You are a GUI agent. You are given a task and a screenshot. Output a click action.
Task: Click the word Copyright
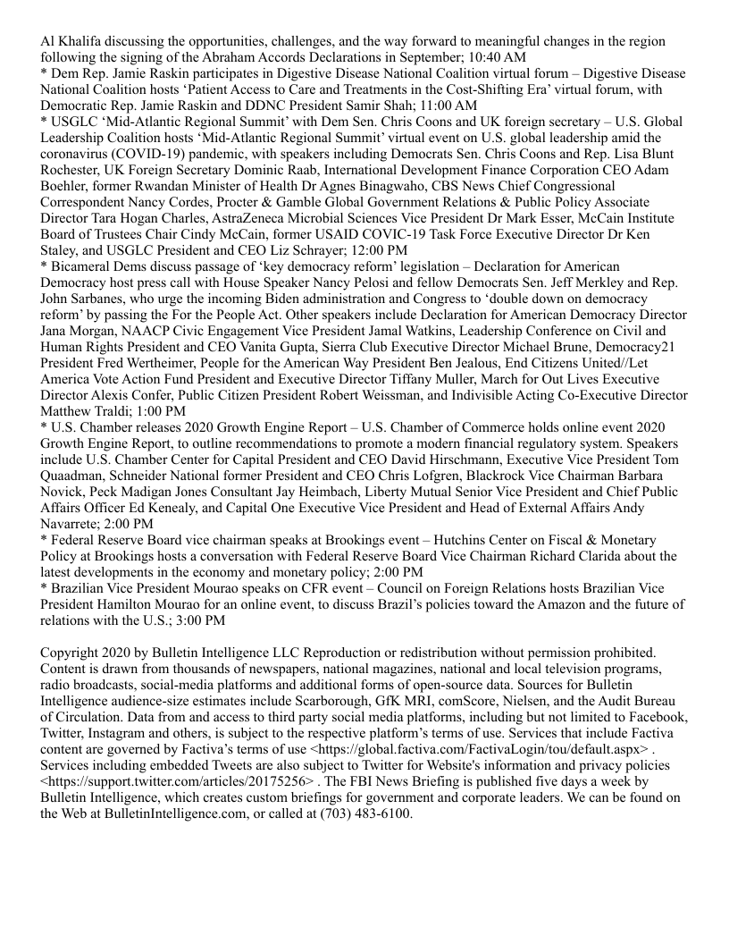coord(71,653)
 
